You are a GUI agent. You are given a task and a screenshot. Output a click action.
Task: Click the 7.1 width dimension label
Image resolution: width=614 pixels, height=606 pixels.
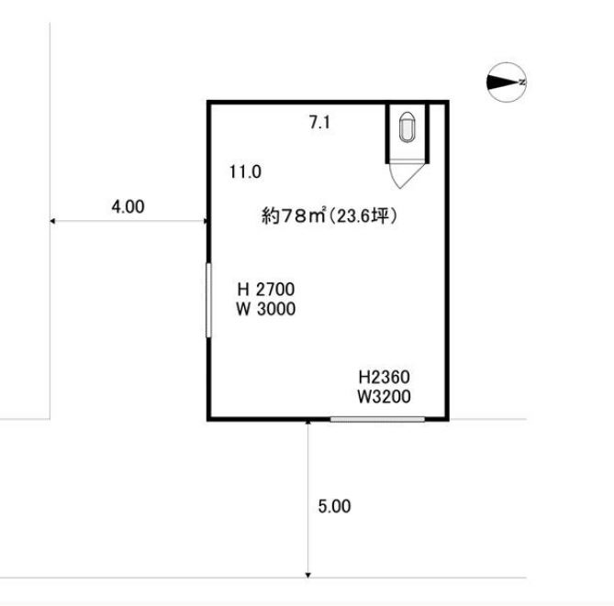click(x=319, y=123)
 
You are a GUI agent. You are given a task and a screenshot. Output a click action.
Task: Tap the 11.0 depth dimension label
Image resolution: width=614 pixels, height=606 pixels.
click(x=245, y=171)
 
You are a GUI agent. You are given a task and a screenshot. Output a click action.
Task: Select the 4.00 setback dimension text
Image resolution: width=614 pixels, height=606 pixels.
click(x=128, y=206)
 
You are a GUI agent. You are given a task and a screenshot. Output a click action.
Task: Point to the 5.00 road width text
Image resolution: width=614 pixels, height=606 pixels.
click(x=334, y=506)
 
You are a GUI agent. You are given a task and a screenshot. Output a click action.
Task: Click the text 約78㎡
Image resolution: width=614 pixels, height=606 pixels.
click(x=294, y=215)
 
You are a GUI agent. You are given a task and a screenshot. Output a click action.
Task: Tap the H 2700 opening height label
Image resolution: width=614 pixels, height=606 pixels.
click(x=266, y=290)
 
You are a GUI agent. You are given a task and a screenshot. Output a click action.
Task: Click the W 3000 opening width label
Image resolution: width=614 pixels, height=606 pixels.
click(x=266, y=309)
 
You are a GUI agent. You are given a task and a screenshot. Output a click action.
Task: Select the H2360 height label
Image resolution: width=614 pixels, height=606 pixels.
click(x=385, y=377)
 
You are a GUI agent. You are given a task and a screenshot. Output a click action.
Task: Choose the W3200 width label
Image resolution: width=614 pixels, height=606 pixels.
click(x=385, y=396)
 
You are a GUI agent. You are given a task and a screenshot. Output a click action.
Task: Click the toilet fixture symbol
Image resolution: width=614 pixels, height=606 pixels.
click(x=407, y=127)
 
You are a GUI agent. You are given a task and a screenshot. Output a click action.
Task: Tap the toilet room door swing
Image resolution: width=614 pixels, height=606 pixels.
click(x=406, y=174)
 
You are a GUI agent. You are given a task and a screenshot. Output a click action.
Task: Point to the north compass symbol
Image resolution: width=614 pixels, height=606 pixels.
click(x=507, y=83)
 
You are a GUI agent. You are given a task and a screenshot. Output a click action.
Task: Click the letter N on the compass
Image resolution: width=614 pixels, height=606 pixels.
click(x=522, y=83)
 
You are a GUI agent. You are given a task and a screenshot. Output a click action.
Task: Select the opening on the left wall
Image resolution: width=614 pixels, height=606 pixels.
click(x=208, y=300)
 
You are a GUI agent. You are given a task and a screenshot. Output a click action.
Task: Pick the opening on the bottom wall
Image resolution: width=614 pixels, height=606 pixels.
click(x=377, y=419)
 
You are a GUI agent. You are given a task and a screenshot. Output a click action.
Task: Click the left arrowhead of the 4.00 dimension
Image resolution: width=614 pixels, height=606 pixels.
click(x=52, y=221)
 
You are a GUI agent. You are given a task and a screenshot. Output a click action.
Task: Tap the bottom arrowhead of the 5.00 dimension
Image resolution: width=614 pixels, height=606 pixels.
click(x=308, y=575)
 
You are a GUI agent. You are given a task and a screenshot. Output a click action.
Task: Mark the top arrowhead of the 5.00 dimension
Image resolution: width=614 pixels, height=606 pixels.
click(x=308, y=422)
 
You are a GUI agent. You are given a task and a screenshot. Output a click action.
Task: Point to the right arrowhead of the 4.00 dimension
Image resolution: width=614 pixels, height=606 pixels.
click(x=206, y=221)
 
